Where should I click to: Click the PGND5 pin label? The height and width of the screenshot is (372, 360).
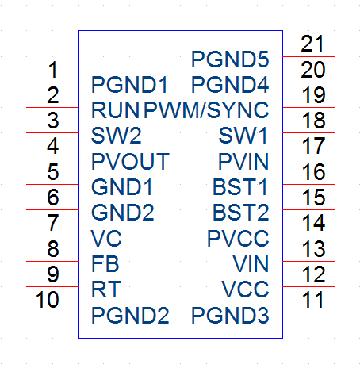[230, 59]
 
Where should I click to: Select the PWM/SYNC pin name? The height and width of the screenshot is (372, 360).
[206, 110]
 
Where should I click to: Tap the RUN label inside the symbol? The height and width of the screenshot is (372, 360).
[115, 110]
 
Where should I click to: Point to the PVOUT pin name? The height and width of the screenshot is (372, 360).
[130, 161]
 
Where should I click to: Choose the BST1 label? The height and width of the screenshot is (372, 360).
[240, 187]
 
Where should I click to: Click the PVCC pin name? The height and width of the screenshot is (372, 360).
[238, 239]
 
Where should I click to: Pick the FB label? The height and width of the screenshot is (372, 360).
[105, 264]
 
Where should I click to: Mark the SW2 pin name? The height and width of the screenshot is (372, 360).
[117, 136]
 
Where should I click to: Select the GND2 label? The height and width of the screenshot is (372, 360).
[123, 213]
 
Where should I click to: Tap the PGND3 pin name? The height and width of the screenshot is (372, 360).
[230, 315]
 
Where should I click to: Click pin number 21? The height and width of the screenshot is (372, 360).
[312, 44]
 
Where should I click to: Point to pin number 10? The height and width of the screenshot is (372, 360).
[47, 300]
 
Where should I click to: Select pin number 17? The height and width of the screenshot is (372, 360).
[313, 146]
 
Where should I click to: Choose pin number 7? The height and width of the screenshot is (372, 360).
[53, 223]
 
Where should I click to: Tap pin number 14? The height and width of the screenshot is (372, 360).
[313, 223]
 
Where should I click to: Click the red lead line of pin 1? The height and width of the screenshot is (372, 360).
[52, 82]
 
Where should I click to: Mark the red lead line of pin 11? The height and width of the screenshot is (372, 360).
[308, 313]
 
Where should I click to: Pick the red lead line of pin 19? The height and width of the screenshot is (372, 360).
[308, 108]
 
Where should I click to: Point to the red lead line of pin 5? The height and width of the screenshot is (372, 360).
[52, 184]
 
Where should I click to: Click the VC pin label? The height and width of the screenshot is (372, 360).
[106, 239]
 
